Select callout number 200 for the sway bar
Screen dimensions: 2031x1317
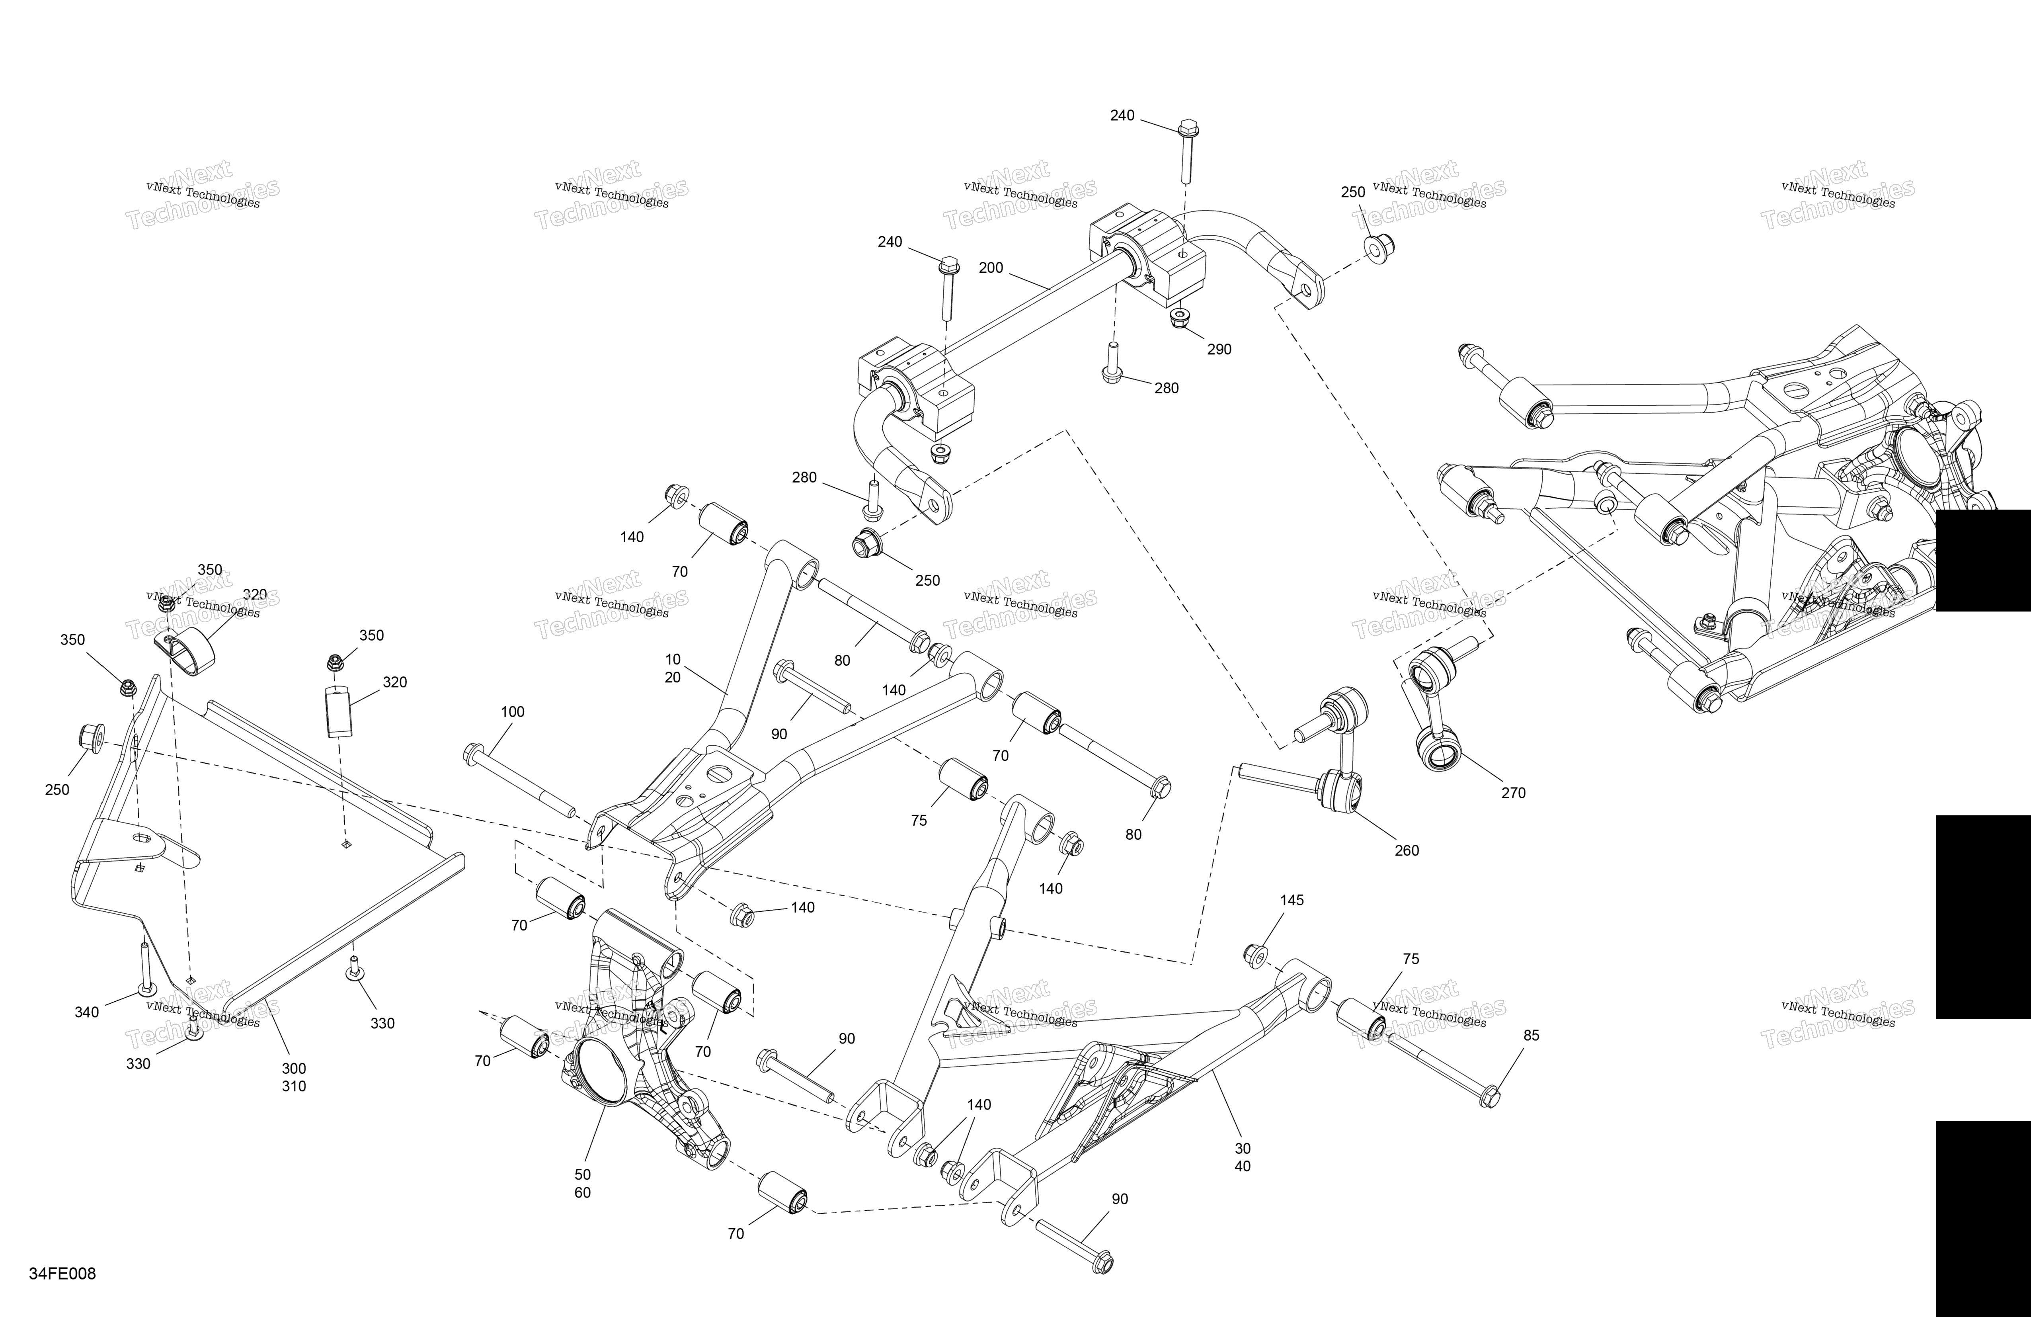point(991,268)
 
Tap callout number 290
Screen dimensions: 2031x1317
point(1219,349)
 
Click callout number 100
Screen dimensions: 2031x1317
point(512,712)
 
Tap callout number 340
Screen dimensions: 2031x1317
point(86,1012)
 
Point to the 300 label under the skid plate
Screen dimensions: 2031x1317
point(294,1069)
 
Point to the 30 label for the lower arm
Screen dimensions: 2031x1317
point(1243,1149)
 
